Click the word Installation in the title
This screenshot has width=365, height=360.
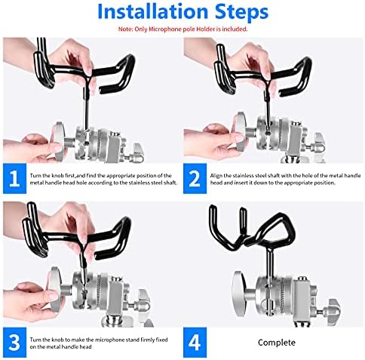click(152, 11)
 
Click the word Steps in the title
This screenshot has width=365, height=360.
click(242, 12)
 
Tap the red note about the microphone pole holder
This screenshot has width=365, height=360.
click(182, 29)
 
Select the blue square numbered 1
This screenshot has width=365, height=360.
click(14, 179)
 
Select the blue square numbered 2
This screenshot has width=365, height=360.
click(195, 179)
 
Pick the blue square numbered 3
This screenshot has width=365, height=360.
click(14, 343)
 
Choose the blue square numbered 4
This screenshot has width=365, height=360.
click(195, 343)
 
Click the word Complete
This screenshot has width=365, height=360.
click(277, 343)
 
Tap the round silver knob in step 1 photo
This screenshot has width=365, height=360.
click(58, 142)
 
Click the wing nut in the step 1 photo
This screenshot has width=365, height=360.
click(137, 152)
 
